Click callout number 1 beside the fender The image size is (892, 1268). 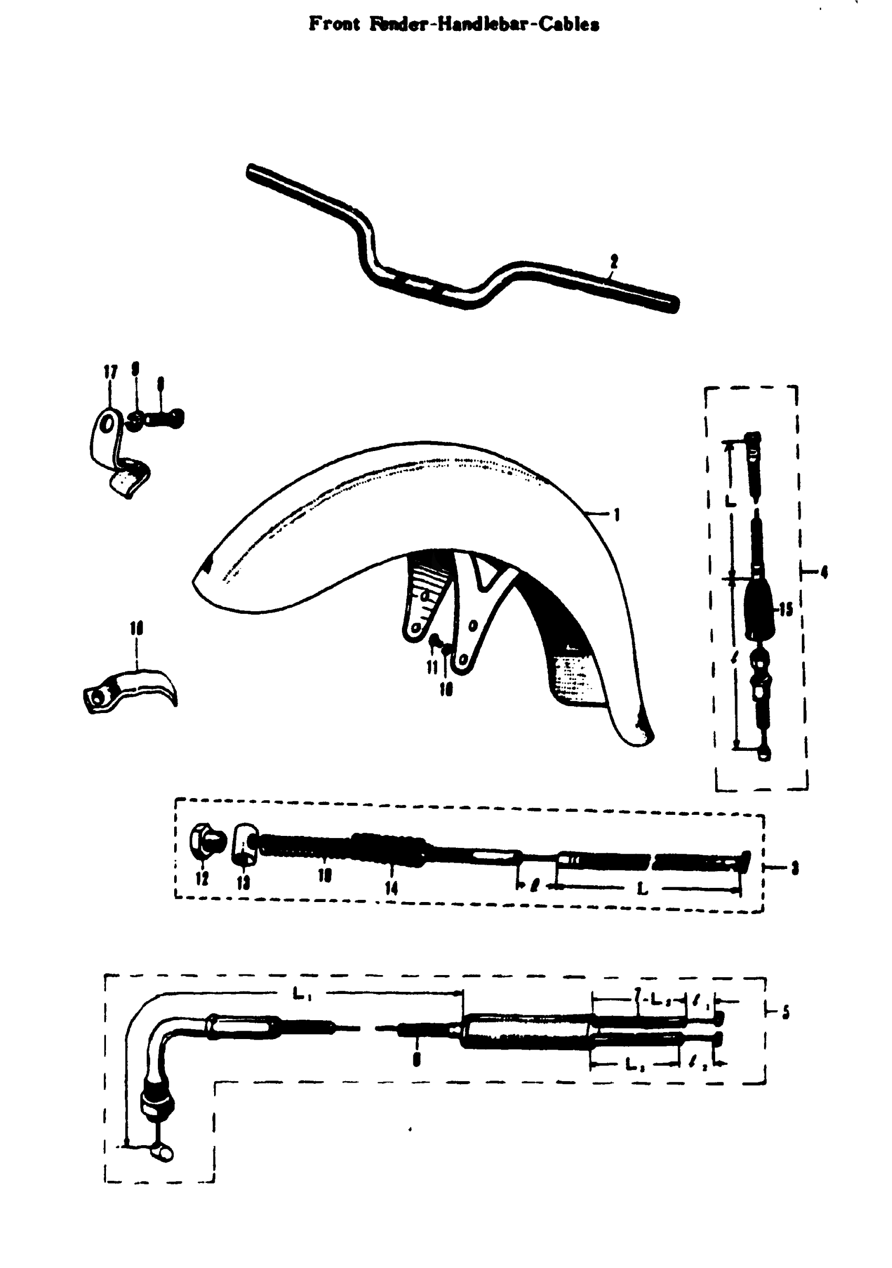coord(617,515)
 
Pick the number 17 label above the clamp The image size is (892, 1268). coord(111,373)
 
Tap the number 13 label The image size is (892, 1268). coord(243,883)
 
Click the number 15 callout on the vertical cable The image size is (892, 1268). coord(786,609)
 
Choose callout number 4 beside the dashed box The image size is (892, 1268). coord(824,573)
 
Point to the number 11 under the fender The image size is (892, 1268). coord(432,667)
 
